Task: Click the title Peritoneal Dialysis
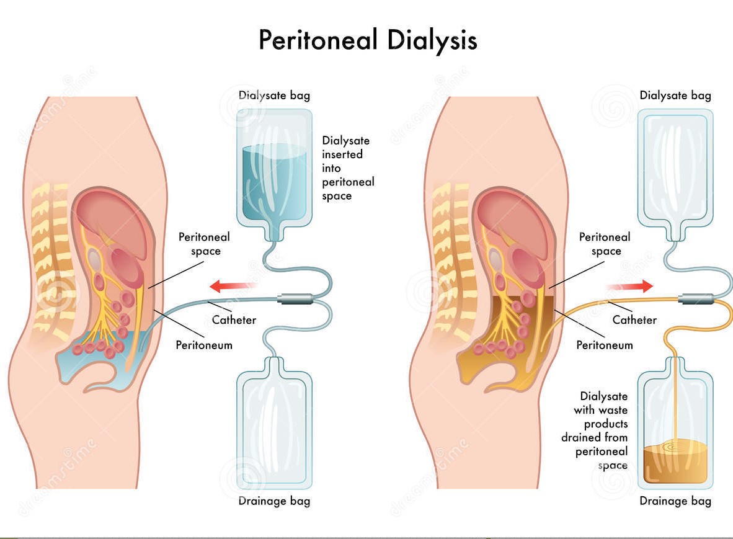(368, 40)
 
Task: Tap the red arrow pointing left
(233, 286)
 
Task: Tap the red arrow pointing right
(630, 286)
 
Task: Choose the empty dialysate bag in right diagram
(675, 167)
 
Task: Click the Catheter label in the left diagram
(234, 320)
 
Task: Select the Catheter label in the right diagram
(634, 320)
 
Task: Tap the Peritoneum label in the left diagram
(204, 345)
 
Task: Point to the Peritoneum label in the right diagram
(605, 345)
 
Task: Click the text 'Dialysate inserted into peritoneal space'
(348, 168)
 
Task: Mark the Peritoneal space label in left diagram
(204, 244)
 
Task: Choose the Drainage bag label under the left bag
(274, 501)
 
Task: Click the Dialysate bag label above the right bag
(675, 96)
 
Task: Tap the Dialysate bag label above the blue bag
(274, 96)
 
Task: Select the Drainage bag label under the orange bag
(675, 501)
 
